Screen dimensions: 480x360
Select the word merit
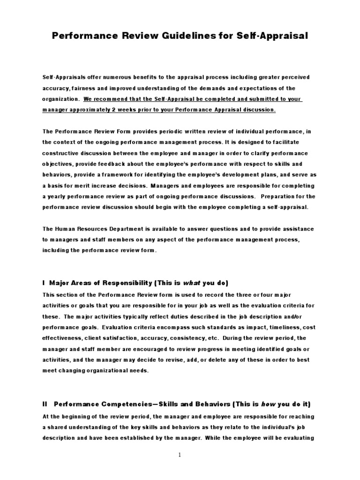(x=77, y=186)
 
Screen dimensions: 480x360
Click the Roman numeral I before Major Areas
(x=43, y=283)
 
